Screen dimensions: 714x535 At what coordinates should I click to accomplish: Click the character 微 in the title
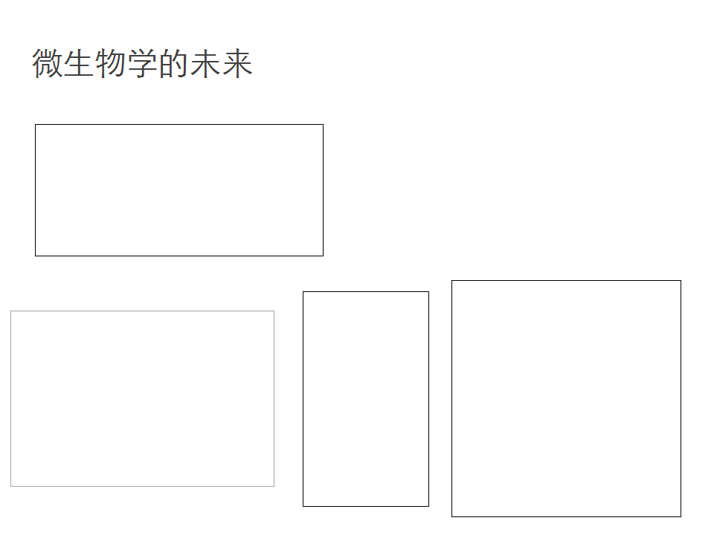click(x=48, y=63)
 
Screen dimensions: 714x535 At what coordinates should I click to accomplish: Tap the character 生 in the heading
click(x=79, y=63)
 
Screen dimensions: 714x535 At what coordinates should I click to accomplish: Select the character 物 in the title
click(x=111, y=63)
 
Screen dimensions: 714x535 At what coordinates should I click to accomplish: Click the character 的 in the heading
click(x=173, y=63)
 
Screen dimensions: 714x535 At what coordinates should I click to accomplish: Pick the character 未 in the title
click(x=205, y=63)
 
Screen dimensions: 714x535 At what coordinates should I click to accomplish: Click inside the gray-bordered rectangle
click(x=143, y=398)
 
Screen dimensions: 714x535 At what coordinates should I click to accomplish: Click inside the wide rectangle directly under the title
click(x=179, y=190)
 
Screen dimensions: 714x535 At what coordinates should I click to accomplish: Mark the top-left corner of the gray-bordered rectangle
click(x=11, y=311)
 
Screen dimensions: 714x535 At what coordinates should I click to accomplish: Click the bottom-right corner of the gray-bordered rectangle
click(x=274, y=486)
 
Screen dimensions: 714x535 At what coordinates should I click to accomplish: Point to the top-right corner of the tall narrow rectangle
click(x=428, y=291)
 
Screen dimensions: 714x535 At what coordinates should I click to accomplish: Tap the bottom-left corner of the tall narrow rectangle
click(x=303, y=506)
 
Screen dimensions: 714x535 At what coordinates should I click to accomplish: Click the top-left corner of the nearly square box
click(x=452, y=281)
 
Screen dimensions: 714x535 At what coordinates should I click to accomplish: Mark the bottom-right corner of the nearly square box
click(x=681, y=516)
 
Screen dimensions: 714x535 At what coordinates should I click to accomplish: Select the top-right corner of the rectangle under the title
click(x=323, y=125)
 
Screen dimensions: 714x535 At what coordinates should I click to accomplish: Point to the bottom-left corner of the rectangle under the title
click(x=36, y=256)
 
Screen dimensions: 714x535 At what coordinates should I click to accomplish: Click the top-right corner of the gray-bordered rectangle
click(x=274, y=311)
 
